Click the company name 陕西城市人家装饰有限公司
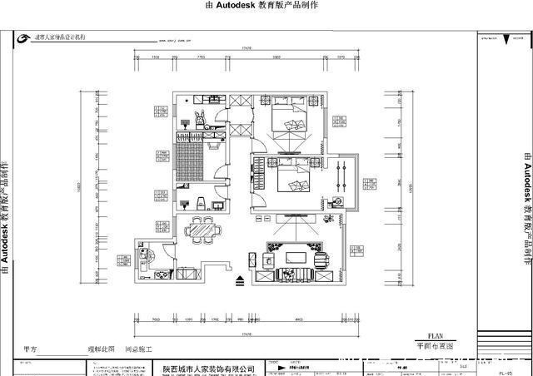pyautogui.click(x=208, y=366)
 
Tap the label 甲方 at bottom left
pyautogui.click(x=31, y=350)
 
